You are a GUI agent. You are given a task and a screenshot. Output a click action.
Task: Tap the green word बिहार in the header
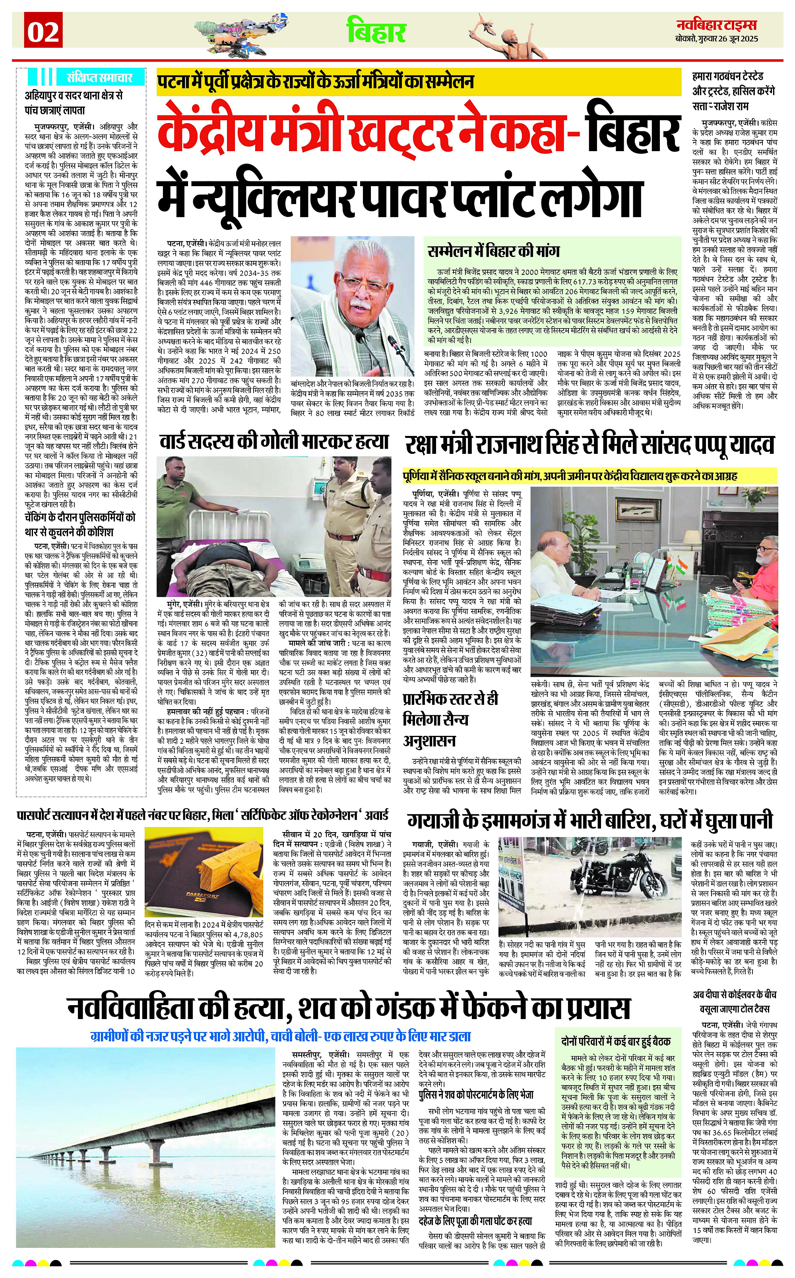click(x=376, y=31)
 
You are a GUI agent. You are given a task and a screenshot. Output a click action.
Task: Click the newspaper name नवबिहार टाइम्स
click(x=717, y=24)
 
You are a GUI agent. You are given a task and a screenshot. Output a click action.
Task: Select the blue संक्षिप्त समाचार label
click(x=98, y=77)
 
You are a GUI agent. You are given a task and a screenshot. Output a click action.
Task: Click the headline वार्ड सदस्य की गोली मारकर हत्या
click(x=274, y=442)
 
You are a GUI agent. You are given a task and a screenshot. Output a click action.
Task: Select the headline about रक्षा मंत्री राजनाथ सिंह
click(x=589, y=445)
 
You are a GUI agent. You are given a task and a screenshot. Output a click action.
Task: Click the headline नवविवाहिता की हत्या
click(x=348, y=1008)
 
